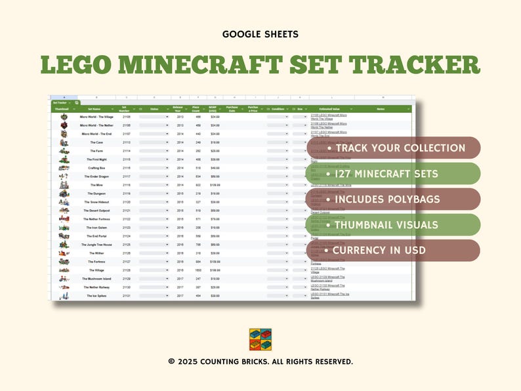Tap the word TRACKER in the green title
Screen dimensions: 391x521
[415, 66]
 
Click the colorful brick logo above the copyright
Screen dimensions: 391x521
[260, 340]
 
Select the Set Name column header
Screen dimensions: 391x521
[94, 109]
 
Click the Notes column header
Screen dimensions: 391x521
[381, 109]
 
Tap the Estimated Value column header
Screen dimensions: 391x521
[330, 109]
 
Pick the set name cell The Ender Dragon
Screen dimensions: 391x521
[96, 176]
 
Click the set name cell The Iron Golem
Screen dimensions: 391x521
[96, 228]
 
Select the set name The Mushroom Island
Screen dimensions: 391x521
[96, 279]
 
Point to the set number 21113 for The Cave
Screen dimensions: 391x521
[127, 142]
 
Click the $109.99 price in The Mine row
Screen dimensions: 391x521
[215, 185]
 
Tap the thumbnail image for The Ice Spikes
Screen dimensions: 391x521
[64, 296]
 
